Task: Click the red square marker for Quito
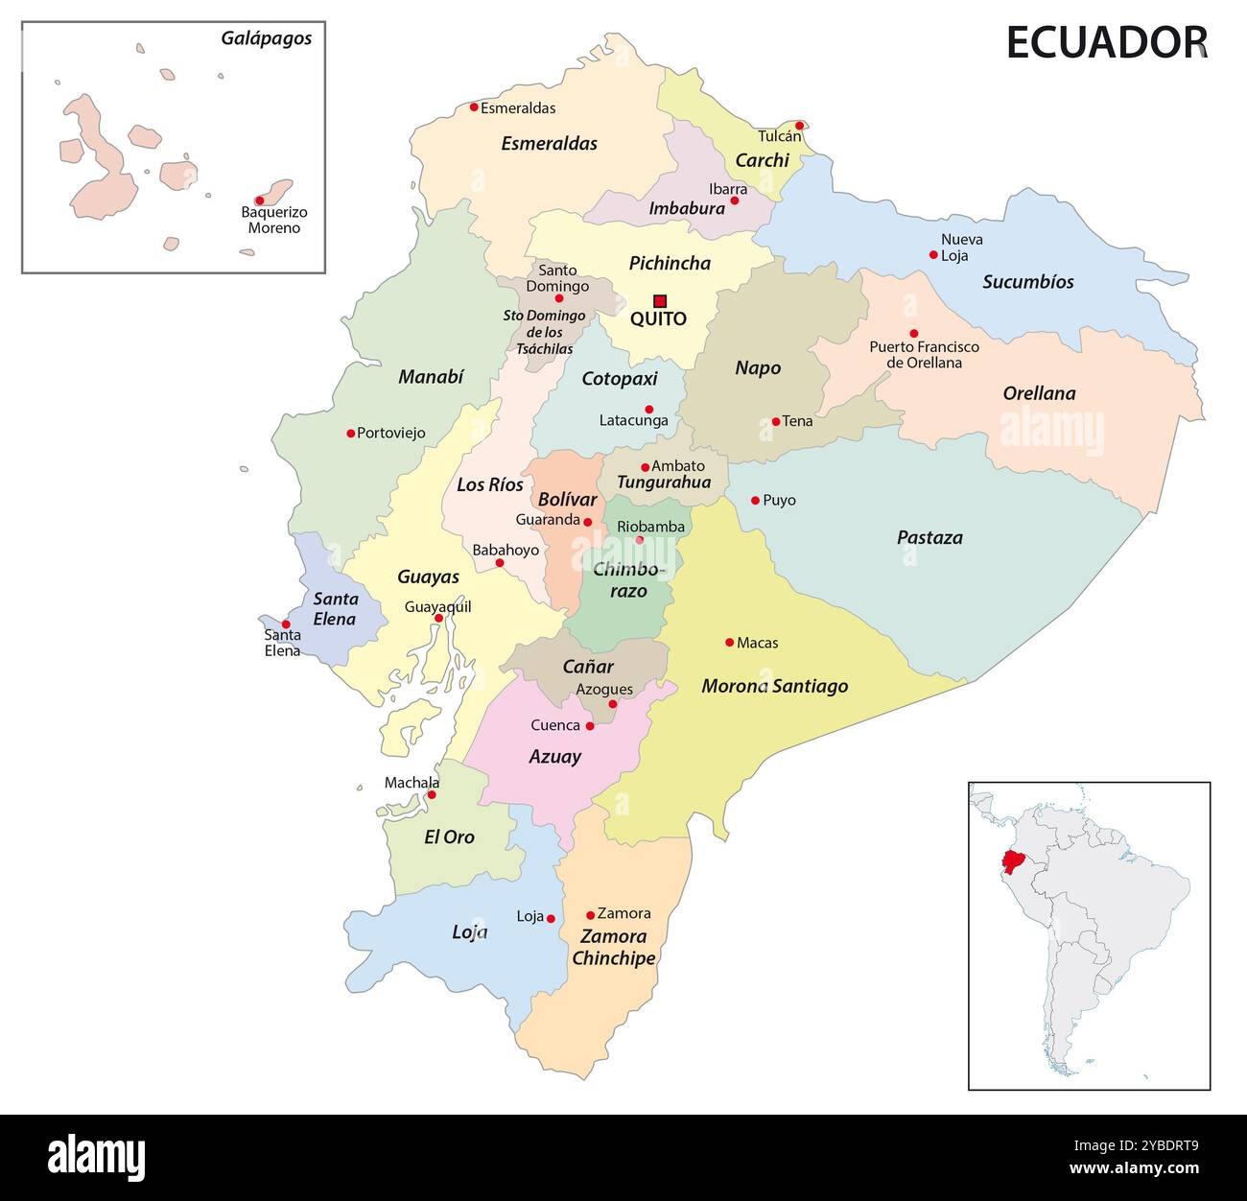(x=660, y=300)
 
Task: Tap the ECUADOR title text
(x=1106, y=43)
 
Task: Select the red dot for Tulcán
(x=799, y=125)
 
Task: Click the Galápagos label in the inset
(x=266, y=39)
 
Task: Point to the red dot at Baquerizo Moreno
(x=259, y=200)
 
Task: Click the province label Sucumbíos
(x=1027, y=282)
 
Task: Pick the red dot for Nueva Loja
(x=933, y=254)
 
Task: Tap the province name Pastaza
(x=929, y=538)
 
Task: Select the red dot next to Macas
(x=729, y=642)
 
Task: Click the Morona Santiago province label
(x=774, y=686)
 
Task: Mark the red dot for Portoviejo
(x=350, y=433)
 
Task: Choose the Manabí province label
(x=431, y=377)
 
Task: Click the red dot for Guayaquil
(x=438, y=619)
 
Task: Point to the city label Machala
(x=412, y=783)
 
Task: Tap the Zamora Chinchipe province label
(x=614, y=947)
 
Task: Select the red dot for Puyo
(x=755, y=500)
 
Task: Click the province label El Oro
(x=449, y=837)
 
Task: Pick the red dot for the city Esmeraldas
(x=474, y=106)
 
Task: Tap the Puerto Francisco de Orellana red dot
(x=913, y=333)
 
